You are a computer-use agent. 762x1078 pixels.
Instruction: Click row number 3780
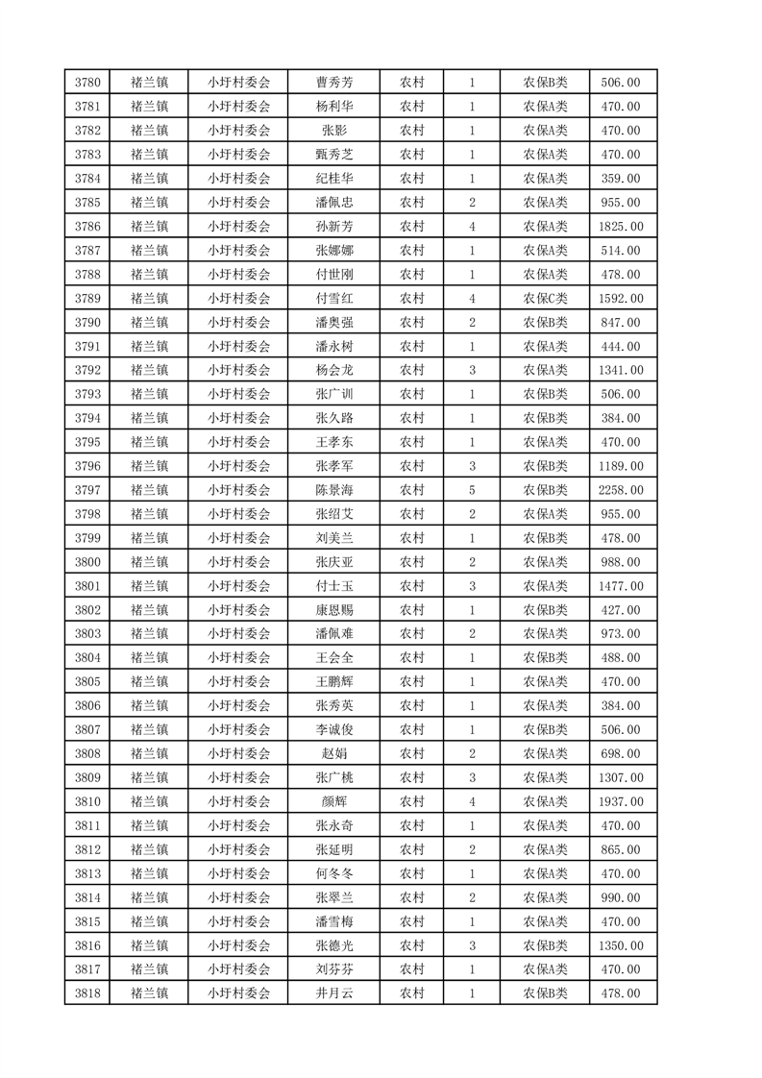(x=86, y=83)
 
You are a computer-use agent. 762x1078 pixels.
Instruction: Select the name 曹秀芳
(x=333, y=83)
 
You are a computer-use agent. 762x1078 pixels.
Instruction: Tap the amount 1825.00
(x=621, y=227)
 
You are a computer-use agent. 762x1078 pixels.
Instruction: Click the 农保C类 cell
(x=545, y=299)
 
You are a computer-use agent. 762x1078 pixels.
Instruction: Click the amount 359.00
(x=621, y=179)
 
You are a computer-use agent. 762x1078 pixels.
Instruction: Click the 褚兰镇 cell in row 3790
(x=149, y=323)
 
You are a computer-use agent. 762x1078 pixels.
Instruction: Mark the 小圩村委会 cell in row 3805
(x=239, y=682)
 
